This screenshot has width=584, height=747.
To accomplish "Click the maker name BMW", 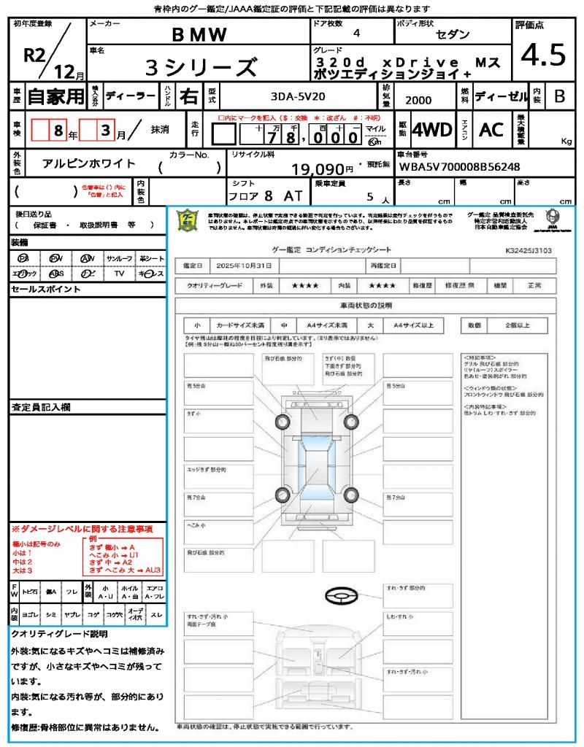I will tap(199, 35).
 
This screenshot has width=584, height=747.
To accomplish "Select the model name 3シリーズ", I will tap(201, 68).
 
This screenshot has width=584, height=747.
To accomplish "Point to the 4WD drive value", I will tap(431, 130).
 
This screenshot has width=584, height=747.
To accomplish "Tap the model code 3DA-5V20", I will tap(298, 96).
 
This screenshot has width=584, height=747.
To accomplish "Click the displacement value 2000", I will tap(418, 101).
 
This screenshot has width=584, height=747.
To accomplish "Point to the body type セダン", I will tap(453, 35).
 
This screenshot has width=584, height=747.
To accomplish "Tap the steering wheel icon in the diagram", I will tap(339, 596).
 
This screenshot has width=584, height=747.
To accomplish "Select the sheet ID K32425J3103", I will tap(529, 249).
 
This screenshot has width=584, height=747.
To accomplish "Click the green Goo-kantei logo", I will tap(188, 220).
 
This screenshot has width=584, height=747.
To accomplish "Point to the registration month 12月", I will tap(69, 72).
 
